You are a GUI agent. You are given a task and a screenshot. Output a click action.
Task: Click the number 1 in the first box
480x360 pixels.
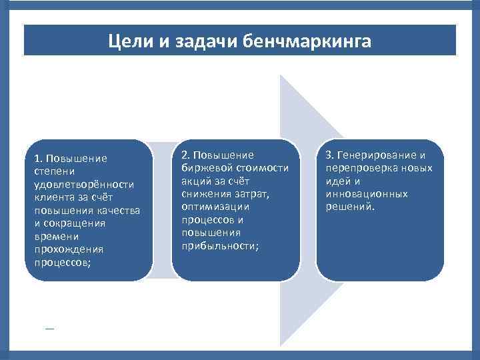point(37,158)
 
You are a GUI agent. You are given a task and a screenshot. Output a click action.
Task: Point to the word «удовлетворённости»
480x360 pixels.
point(83,184)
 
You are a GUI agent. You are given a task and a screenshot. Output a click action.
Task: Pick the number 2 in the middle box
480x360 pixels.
point(185,155)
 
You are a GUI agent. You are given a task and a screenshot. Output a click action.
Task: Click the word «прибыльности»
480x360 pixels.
point(220,245)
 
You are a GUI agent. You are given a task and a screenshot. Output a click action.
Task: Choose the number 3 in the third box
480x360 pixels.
point(329,155)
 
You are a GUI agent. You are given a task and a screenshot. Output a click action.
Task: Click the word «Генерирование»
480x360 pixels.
point(377,155)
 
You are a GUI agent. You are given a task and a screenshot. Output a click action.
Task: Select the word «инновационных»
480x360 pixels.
point(367,193)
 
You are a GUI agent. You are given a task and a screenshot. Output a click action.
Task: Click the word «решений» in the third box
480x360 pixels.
point(350,207)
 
